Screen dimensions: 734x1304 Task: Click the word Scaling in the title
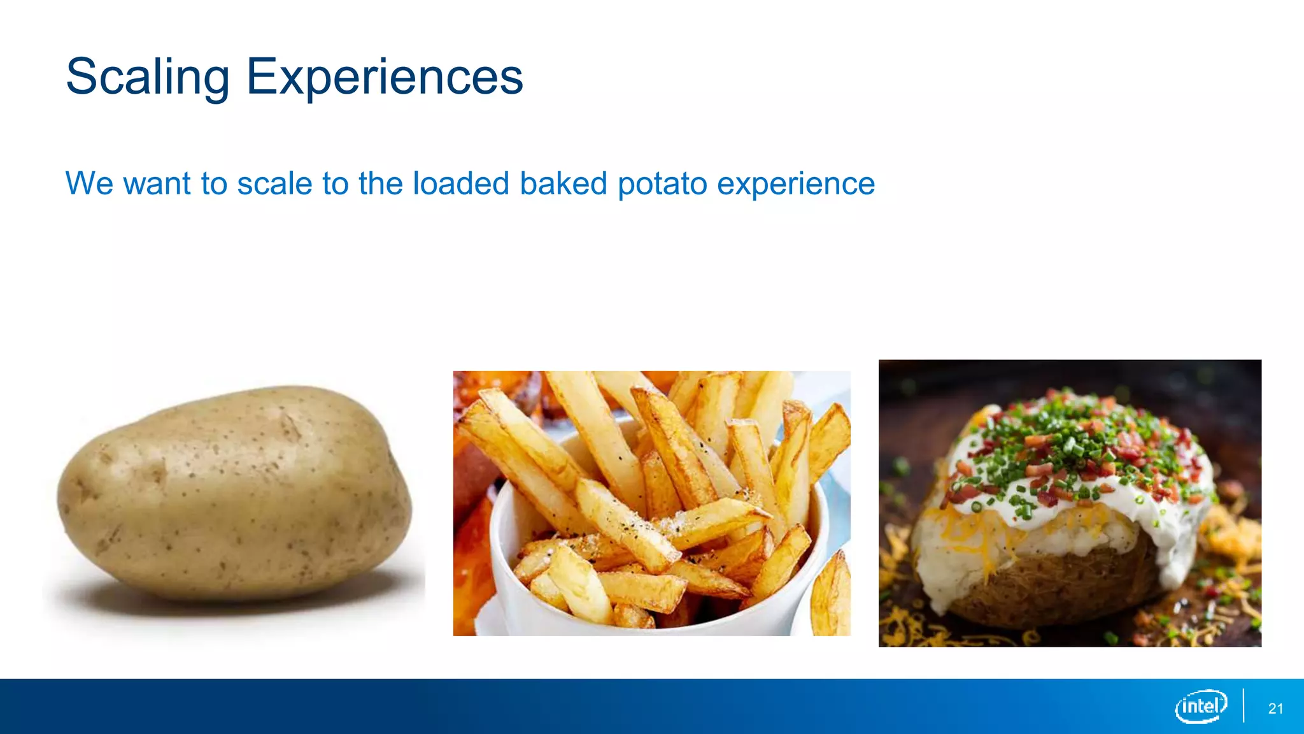click(x=147, y=77)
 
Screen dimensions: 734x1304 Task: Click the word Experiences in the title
click(x=385, y=77)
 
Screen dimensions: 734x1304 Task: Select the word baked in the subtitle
click(x=563, y=183)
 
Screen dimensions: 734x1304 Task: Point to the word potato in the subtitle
click(x=662, y=185)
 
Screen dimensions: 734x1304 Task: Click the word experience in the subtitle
click(x=796, y=185)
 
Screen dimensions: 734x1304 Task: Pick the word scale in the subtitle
click(x=274, y=183)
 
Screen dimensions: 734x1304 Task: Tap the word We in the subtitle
click(x=90, y=183)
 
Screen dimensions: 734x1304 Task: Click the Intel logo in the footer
click(x=1201, y=706)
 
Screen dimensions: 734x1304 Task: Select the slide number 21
click(x=1275, y=709)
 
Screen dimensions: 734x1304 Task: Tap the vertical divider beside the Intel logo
click(x=1243, y=706)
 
